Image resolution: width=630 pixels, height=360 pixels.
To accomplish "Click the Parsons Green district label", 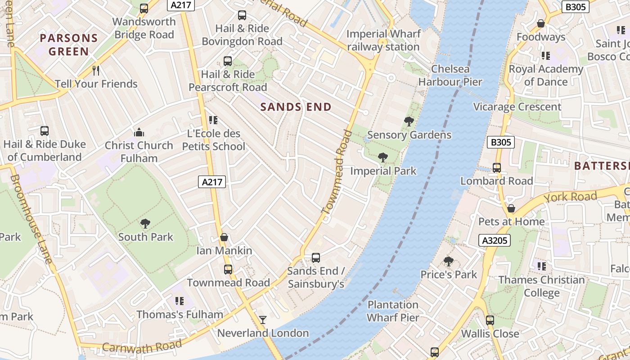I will point(68,45).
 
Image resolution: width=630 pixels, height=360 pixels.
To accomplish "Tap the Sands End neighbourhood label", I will point(296,107).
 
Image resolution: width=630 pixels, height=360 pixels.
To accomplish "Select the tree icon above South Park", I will point(145,223).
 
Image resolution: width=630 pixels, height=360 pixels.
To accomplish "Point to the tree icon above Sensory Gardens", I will point(409,121).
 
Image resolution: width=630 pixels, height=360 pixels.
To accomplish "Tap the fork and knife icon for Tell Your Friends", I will point(95,70).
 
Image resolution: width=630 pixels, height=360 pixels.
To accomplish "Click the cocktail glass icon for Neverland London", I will point(263,320).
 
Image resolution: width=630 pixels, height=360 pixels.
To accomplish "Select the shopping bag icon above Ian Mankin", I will point(224,237).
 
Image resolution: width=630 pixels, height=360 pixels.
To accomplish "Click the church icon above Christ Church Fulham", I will point(139,132).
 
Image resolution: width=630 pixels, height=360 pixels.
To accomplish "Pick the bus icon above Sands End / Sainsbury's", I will point(316,258).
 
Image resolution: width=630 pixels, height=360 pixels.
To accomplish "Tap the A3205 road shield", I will point(495,240).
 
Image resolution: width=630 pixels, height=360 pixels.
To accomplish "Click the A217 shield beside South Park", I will point(211,182).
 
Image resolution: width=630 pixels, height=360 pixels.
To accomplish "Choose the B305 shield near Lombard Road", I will point(500,143).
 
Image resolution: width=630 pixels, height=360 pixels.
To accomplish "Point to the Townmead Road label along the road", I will point(336,171).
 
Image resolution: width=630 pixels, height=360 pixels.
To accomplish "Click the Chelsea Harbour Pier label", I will point(450,76).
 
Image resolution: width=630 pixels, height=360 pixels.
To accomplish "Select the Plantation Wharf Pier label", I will point(393,311).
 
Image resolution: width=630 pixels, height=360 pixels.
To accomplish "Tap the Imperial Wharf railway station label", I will point(383,40).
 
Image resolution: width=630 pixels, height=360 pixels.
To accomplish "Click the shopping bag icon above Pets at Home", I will point(511,208).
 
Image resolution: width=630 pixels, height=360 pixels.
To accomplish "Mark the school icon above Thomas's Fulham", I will point(180,301).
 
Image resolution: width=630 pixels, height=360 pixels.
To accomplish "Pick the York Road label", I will point(570,197).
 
